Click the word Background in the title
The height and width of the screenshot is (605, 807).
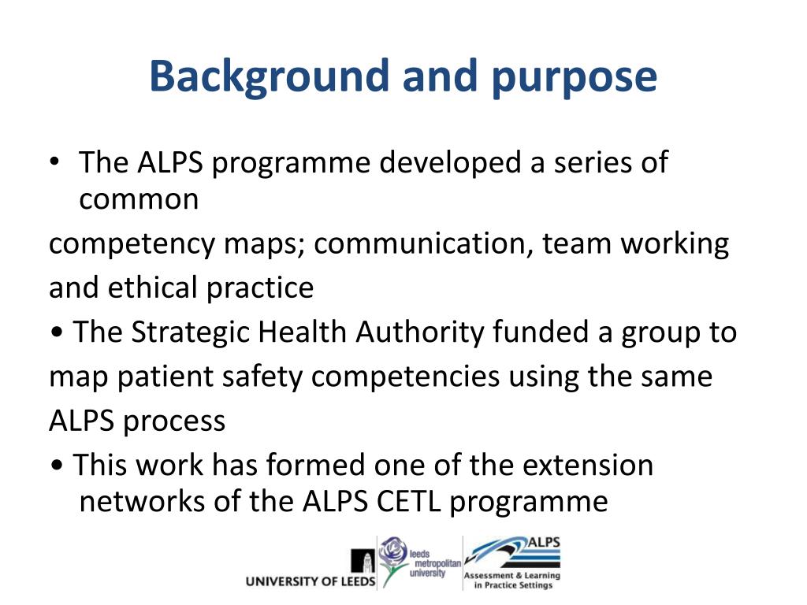(270, 77)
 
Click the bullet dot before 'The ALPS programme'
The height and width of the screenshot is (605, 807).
(54, 163)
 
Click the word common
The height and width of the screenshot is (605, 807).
(139, 200)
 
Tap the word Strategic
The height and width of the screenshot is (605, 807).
(190, 333)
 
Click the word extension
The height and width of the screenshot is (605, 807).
(589, 466)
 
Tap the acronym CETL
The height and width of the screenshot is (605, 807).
(403, 502)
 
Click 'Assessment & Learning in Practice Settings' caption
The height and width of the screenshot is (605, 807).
(511, 581)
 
